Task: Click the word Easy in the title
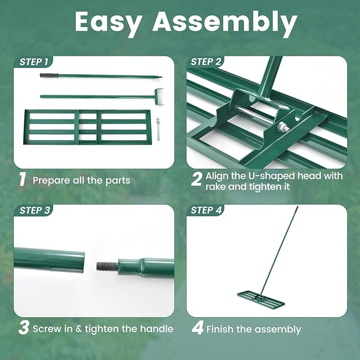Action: coord(108,23)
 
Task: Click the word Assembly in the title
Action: coord(225,23)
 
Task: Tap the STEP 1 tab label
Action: coord(34,62)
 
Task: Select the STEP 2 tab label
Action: coord(206,62)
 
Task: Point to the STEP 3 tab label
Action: coord(34,210)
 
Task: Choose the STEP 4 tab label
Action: coord(206,210)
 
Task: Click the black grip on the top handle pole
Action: coord(49,75)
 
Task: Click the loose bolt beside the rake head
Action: coord(157,129)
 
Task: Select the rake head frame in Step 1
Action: coord(87,127)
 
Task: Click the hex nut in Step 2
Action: coord(281,127)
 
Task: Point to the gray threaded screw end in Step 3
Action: coord(108,266)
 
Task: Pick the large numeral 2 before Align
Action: coord(197,179)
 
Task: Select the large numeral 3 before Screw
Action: coord(24,328)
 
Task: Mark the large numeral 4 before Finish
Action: coord(197,328)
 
